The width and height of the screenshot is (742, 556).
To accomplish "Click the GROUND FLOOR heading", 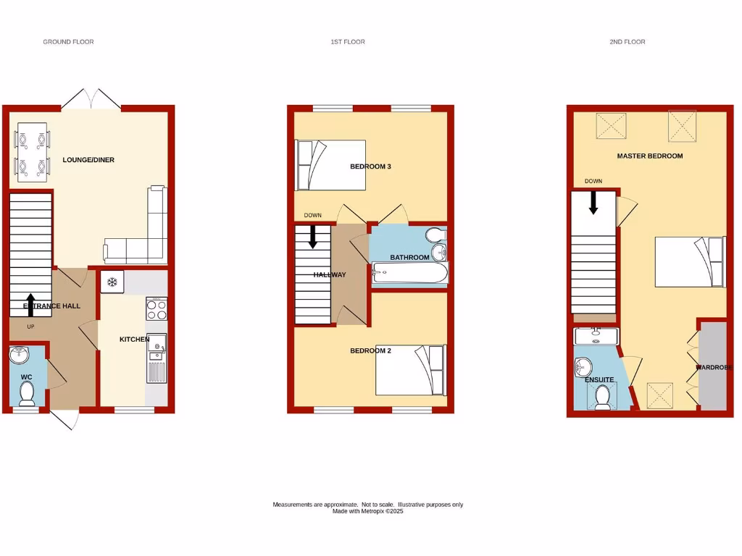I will pos(68,42).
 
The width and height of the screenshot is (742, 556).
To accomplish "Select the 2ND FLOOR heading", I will pos(627,42).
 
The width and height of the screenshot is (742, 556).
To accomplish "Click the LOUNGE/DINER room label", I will pos(88,160).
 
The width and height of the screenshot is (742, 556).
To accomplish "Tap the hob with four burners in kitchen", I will pos(157,309).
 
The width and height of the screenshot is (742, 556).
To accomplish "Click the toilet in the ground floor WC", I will pos(27,393).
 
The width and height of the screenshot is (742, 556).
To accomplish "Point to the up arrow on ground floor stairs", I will pos(30,305).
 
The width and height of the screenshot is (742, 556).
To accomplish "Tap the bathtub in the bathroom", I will pos(410,274).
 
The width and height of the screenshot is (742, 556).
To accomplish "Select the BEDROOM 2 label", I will pos(370,351).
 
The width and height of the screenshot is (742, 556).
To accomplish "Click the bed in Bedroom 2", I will pos(409,371).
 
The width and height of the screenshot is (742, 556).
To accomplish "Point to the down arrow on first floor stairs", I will pos(313,237).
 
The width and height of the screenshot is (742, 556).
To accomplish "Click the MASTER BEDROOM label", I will pos(649,156).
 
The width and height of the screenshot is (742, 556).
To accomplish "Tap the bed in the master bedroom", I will pos(689,261).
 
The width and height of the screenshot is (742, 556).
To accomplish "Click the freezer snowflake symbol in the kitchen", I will pos(113,282).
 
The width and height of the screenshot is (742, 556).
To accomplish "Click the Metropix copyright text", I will pos(367,511).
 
